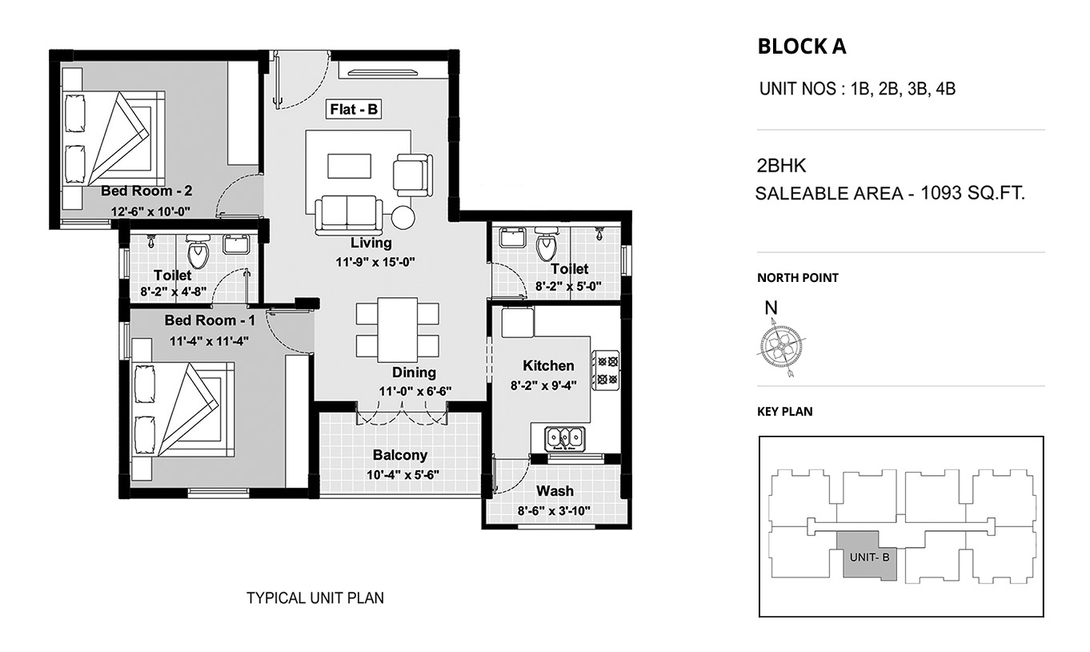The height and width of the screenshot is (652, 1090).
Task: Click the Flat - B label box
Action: point(354,109)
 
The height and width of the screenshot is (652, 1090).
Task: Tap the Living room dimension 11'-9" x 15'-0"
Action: point(375,262)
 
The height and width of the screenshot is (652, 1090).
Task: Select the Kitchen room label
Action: point(548,365)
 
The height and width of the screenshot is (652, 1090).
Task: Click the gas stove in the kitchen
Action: point(606,369)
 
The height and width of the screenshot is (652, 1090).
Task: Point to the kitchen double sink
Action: point(564,438)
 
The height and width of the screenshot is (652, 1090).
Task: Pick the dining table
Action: point(398,329)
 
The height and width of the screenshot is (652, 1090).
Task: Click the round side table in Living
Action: point(403,217)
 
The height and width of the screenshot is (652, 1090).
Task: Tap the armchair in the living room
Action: point(413,175)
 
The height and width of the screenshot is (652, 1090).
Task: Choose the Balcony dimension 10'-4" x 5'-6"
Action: point(403,474)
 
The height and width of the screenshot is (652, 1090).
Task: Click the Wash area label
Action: point(555,491)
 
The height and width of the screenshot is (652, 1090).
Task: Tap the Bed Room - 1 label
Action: point(210,320)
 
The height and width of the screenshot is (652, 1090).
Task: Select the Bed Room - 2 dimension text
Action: point(150,211)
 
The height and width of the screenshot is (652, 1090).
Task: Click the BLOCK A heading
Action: point(802,46)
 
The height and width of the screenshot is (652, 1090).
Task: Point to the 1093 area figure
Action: point(941,193)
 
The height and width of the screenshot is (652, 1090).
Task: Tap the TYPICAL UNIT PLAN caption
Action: point(315,598)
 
